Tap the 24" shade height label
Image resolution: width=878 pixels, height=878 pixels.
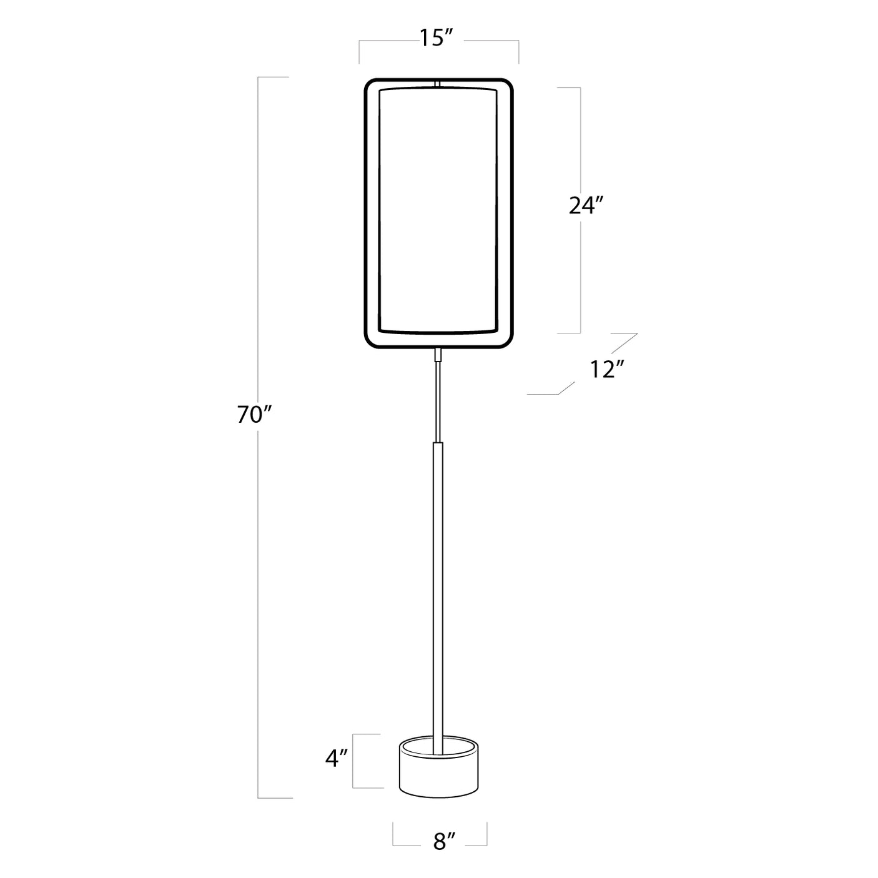click(x=585, y=205)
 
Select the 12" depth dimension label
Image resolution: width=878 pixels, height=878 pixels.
click(x=608, y=370)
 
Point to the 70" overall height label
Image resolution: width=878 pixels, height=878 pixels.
click(x=252, y=414)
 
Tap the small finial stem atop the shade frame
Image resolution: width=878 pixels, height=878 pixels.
click(x=438, y=82)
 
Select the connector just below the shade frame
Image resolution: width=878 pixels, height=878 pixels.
click(x=438, y=355)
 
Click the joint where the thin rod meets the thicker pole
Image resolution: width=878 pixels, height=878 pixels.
click(x=438, y=443)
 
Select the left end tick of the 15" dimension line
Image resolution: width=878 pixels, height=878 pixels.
click(x=359, y=52)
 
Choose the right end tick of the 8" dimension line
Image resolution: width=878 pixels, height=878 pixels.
click(x=486, y=835)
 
